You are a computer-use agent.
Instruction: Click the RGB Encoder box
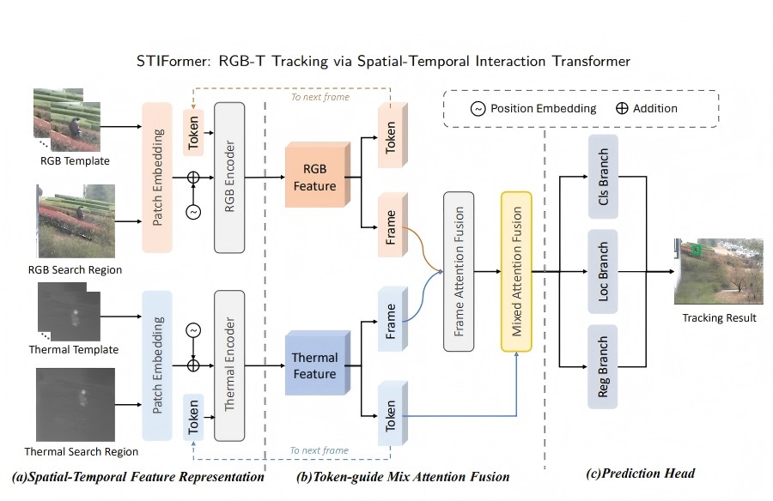(229, 178)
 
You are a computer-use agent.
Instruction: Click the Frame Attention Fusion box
(459, 271)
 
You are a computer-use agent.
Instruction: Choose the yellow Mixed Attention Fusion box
(517, 271)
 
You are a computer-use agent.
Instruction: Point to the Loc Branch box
(604, 271)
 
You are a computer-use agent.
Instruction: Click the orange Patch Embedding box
(158, 178)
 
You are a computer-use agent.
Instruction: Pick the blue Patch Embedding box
(158, 365)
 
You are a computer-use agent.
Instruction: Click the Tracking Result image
(719, 272)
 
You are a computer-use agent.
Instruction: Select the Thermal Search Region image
(76, 404)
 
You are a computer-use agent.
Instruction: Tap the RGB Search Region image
(76, 220)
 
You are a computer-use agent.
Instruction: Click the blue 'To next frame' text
(319, 450)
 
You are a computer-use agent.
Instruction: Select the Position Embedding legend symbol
(478, 109)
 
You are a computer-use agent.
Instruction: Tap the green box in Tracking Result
(697, 250)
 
